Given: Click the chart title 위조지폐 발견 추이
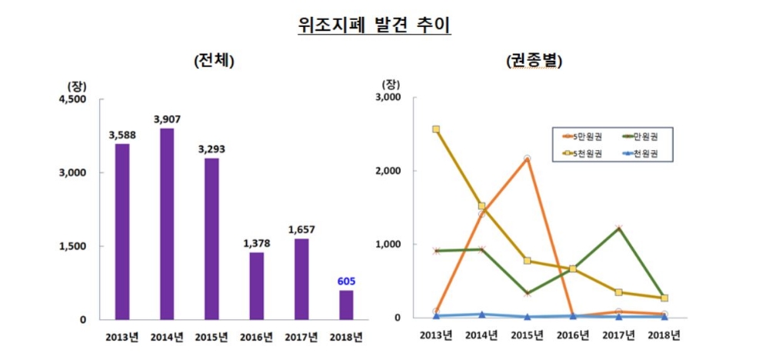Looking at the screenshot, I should pos(375,25).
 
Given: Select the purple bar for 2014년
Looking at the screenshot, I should pos(166,223).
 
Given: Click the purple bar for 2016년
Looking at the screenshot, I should pos(255,285).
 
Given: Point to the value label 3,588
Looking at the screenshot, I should pos(122,135).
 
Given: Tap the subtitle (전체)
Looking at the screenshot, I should pos(213,62).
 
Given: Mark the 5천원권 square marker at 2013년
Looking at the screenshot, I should pos(436,129).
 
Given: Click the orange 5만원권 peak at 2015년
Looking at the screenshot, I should pos(527,158).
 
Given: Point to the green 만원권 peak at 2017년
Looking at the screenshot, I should pos(618,228).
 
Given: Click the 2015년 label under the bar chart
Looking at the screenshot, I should pos(211,337).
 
